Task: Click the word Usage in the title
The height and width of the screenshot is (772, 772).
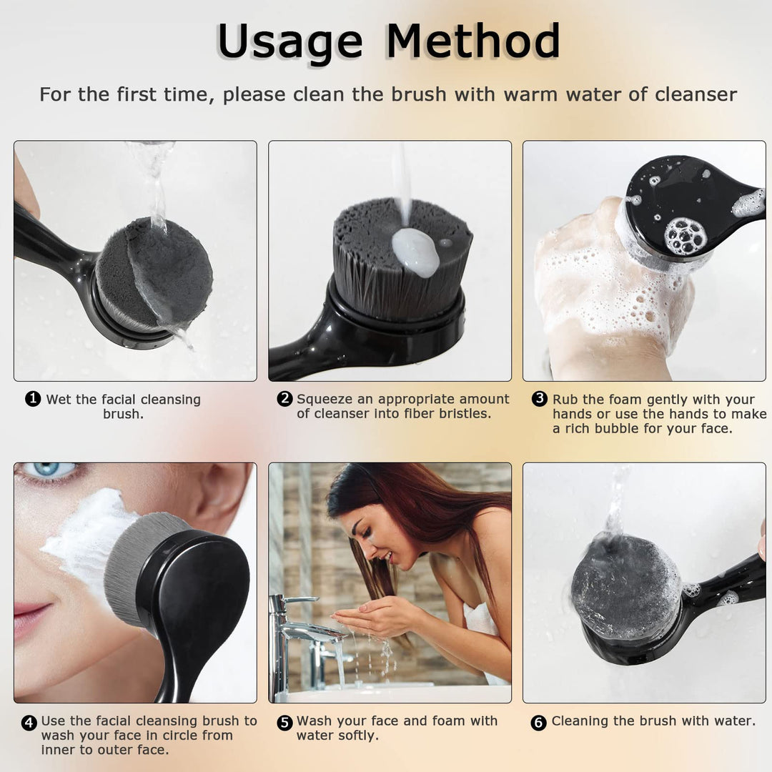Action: pyautogui.click(x=289, y=41)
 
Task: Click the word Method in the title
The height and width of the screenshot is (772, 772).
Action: pyautogui.click(x=472, y=41)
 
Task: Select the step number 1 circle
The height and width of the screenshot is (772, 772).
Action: pyautogui.click(x=33, y=400)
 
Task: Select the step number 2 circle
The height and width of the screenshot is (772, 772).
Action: pyautogui.click(x=285, y=400)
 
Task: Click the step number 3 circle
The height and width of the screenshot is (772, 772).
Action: pyautogui.click(x=540, y=400)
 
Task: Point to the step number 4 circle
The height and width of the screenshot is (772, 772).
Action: pyautogui.click(x=29, y=722)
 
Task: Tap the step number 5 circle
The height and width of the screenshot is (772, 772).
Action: pyautogui.click(x=285, y=722)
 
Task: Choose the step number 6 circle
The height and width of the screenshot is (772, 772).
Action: pyautogui.click(x=539, y=722)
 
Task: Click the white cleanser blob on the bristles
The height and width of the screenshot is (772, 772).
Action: pyautogui.click(x=415, y=252)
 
